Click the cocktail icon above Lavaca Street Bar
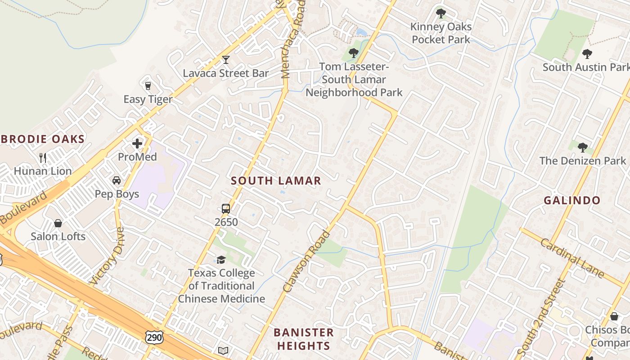225,60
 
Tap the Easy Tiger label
148,99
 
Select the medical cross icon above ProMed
137,144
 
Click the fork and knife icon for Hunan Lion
43,157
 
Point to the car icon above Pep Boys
117,180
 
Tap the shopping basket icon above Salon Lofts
58,223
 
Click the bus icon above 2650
226,209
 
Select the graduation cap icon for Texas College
221,260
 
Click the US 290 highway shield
154,337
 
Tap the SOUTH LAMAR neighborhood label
276,181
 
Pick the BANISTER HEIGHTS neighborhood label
304,339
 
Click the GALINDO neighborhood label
572,200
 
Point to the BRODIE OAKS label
42,139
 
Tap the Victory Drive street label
107,256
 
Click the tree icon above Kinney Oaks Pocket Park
441,13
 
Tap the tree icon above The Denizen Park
582,147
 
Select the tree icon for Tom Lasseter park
354,53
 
